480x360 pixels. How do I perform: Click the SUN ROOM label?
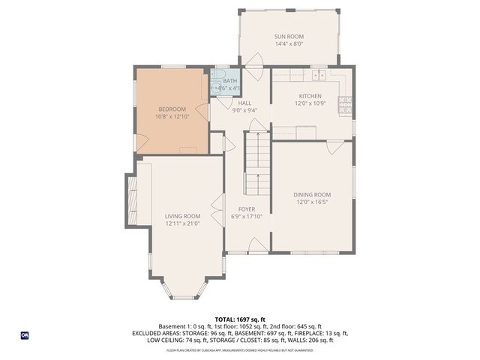pyautogui.click(x=289, y=36)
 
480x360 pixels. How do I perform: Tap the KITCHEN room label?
pyautogui.click(x=310, y=96)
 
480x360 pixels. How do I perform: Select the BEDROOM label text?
pyautogui.click(x=171, y=109)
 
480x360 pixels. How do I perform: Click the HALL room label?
pyautogui.click(x=244, y=103)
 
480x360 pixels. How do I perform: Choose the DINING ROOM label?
pyautogui.click(x=311, y=194)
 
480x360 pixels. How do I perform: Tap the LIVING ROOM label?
pyautogui.click(x=182, y=216)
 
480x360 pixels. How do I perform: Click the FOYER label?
pyautogui.click(x=247, y=209)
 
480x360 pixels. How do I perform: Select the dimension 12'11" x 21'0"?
pyautogui.click(x=182, y=223)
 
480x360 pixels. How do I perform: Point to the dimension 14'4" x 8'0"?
pyautogui.click(x=289, y=43)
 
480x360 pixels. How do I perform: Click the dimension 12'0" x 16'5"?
pyautogui.click(x=311, y=202)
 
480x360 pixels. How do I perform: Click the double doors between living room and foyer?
pyautogui.click(x=220, y=202)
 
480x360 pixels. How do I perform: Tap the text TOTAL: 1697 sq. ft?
pyautogui.click(x=240, y=319)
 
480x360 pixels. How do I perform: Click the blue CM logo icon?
pyautogui.click(x=25, y=335)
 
